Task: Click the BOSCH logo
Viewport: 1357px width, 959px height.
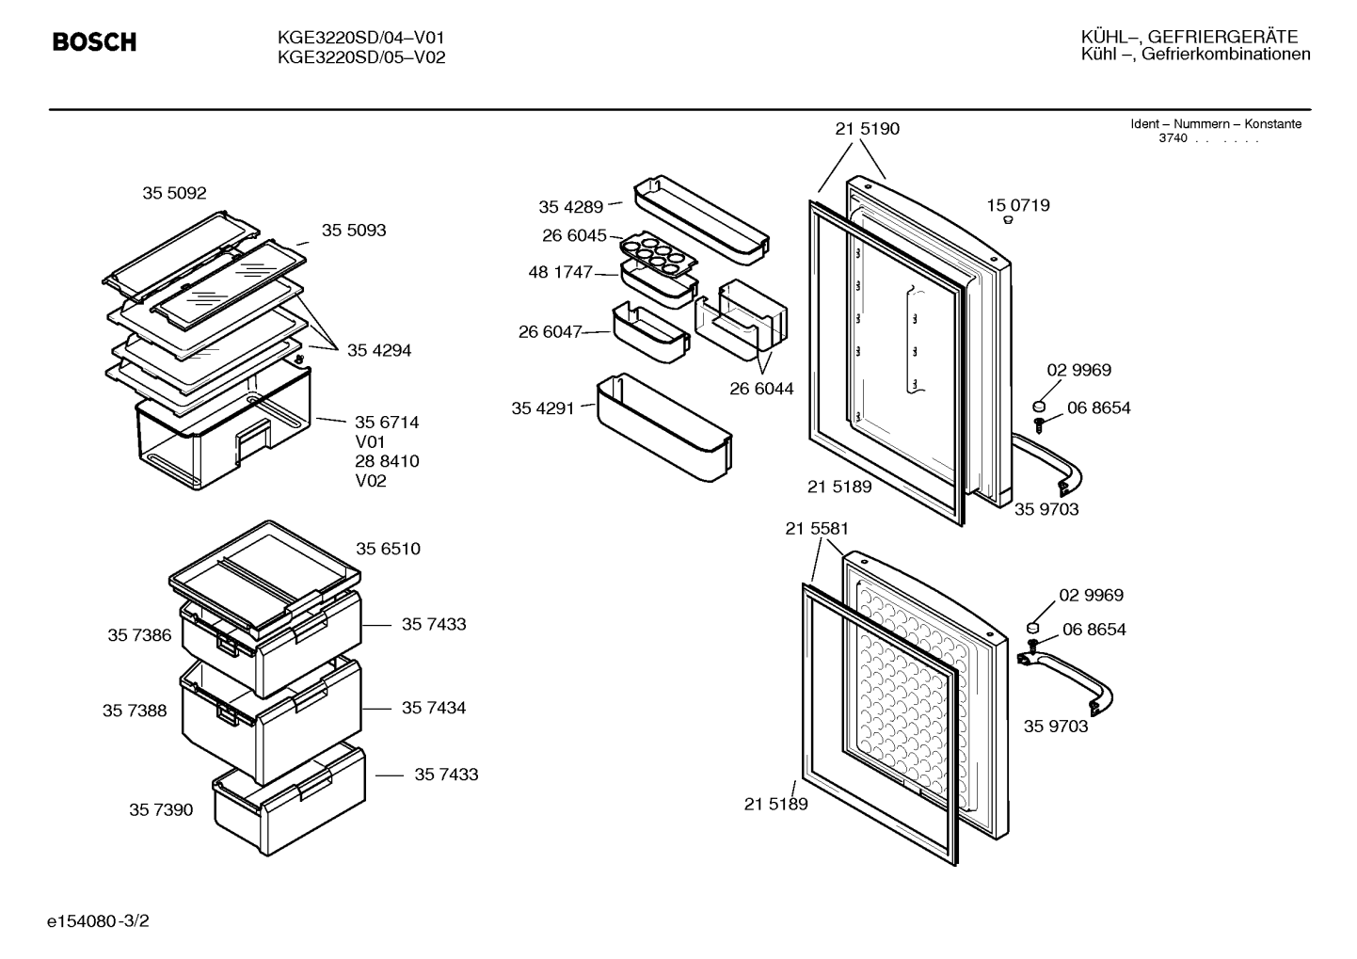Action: (94, 41)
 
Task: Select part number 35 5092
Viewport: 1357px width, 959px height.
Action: (174, 193)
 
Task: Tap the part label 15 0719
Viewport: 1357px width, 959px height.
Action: (1018, 205)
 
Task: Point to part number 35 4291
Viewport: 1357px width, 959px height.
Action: (543, 408)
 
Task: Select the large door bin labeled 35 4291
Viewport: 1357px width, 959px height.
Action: (664, 427)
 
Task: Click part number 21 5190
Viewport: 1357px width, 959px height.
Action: (868, 128)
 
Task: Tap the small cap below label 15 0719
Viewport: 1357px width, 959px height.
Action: (1008, 220)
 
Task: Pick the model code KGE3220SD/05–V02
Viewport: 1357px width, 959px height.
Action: (361, 57)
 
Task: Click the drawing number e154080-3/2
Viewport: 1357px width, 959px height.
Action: (98, 920)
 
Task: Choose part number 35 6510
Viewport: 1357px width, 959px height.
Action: (388, 549)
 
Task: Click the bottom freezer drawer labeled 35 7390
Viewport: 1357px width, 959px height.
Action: (290, 800)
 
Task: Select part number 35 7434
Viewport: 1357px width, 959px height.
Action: (434, 708)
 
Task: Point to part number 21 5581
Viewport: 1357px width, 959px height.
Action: (817, 529)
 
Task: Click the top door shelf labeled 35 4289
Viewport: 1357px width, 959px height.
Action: (701, 220)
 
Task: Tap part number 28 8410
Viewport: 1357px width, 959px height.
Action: (387, 461)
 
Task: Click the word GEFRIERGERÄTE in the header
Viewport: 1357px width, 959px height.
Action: (1223, 37)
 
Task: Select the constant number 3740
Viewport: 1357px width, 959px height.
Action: (1173, 138)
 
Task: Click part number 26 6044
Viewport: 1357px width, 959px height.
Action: (761, 389)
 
